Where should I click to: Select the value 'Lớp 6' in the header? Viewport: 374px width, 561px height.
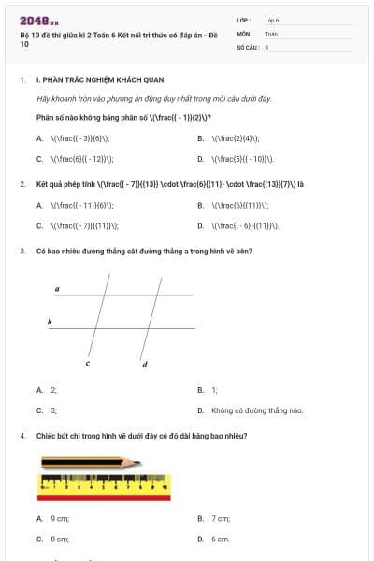272,20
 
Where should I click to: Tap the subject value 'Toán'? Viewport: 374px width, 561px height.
271,33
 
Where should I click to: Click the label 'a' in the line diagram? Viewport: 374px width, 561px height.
57,290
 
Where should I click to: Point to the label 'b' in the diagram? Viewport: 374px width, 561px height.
50,322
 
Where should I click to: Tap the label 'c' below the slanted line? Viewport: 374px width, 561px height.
88,363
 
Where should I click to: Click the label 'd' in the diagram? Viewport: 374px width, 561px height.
144,364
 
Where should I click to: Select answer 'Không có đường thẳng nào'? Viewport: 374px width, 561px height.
257,410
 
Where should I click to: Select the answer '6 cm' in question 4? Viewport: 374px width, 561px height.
220,539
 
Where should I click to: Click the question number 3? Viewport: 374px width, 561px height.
22,251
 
